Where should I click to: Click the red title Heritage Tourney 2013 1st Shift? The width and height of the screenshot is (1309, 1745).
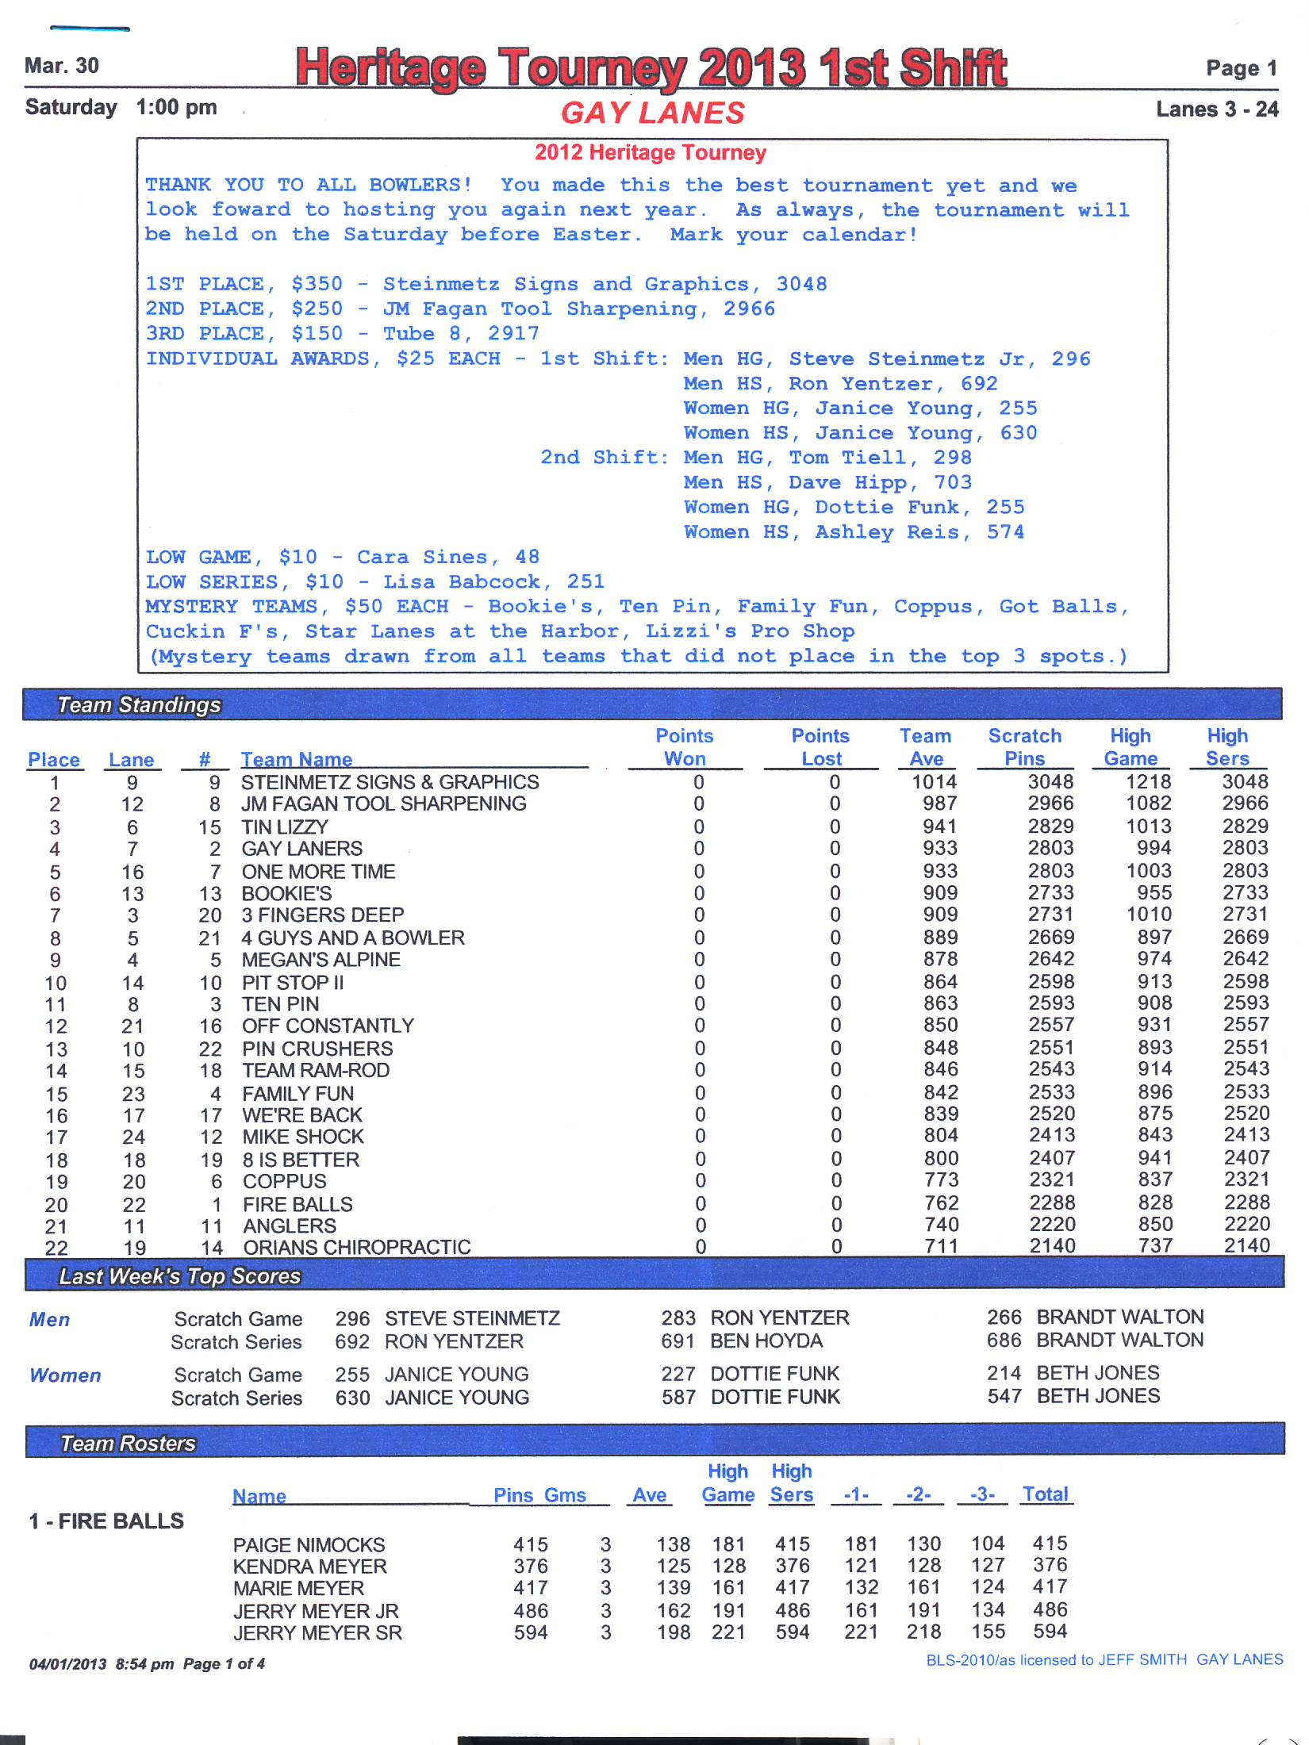coord(651,67)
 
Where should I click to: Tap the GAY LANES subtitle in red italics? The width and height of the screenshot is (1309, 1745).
coord(653,113)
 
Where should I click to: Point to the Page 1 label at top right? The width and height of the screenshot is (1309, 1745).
coord(1241,68)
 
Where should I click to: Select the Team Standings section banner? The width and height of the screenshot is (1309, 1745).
coord(139,704)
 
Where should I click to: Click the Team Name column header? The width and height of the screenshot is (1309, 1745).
coord(296,759)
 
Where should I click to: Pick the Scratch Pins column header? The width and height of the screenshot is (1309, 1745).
coord(1024,747)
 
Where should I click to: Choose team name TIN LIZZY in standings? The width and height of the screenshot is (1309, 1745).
coord(285,826)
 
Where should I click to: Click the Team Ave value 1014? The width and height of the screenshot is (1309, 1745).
coord(934,782)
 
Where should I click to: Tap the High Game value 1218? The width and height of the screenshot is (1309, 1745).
coord(1148,782)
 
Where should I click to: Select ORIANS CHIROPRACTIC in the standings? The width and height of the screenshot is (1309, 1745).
coord(357,1247)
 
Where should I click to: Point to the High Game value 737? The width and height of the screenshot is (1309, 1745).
coord(1155,1246)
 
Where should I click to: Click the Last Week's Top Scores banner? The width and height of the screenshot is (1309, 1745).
coord(180,1276)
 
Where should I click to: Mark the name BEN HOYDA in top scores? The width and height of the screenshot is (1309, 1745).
coord(766,1341)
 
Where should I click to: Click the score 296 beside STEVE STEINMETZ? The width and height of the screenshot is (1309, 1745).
coord(352,1319)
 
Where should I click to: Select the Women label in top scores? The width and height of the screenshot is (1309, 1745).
coord(65,1375)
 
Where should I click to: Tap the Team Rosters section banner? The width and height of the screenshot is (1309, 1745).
coord(129,1443)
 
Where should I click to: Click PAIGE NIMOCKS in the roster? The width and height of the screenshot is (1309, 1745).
coord(309,1544)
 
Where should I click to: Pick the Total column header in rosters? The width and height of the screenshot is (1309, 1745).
coord(1046,1494)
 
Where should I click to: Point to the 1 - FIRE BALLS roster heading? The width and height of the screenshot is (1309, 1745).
coord(106,1521)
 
